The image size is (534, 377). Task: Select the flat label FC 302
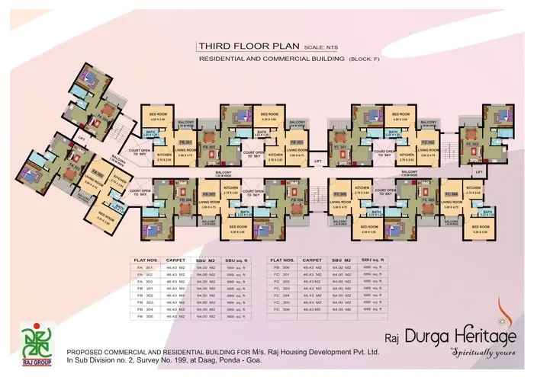[427, 142]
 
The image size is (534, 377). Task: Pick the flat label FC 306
[340, 196]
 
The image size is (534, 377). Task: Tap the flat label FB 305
[207, 196]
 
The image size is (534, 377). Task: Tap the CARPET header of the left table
[177, 260]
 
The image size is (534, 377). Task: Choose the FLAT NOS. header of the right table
[283, 260]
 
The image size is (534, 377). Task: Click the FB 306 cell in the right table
[281, 268]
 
